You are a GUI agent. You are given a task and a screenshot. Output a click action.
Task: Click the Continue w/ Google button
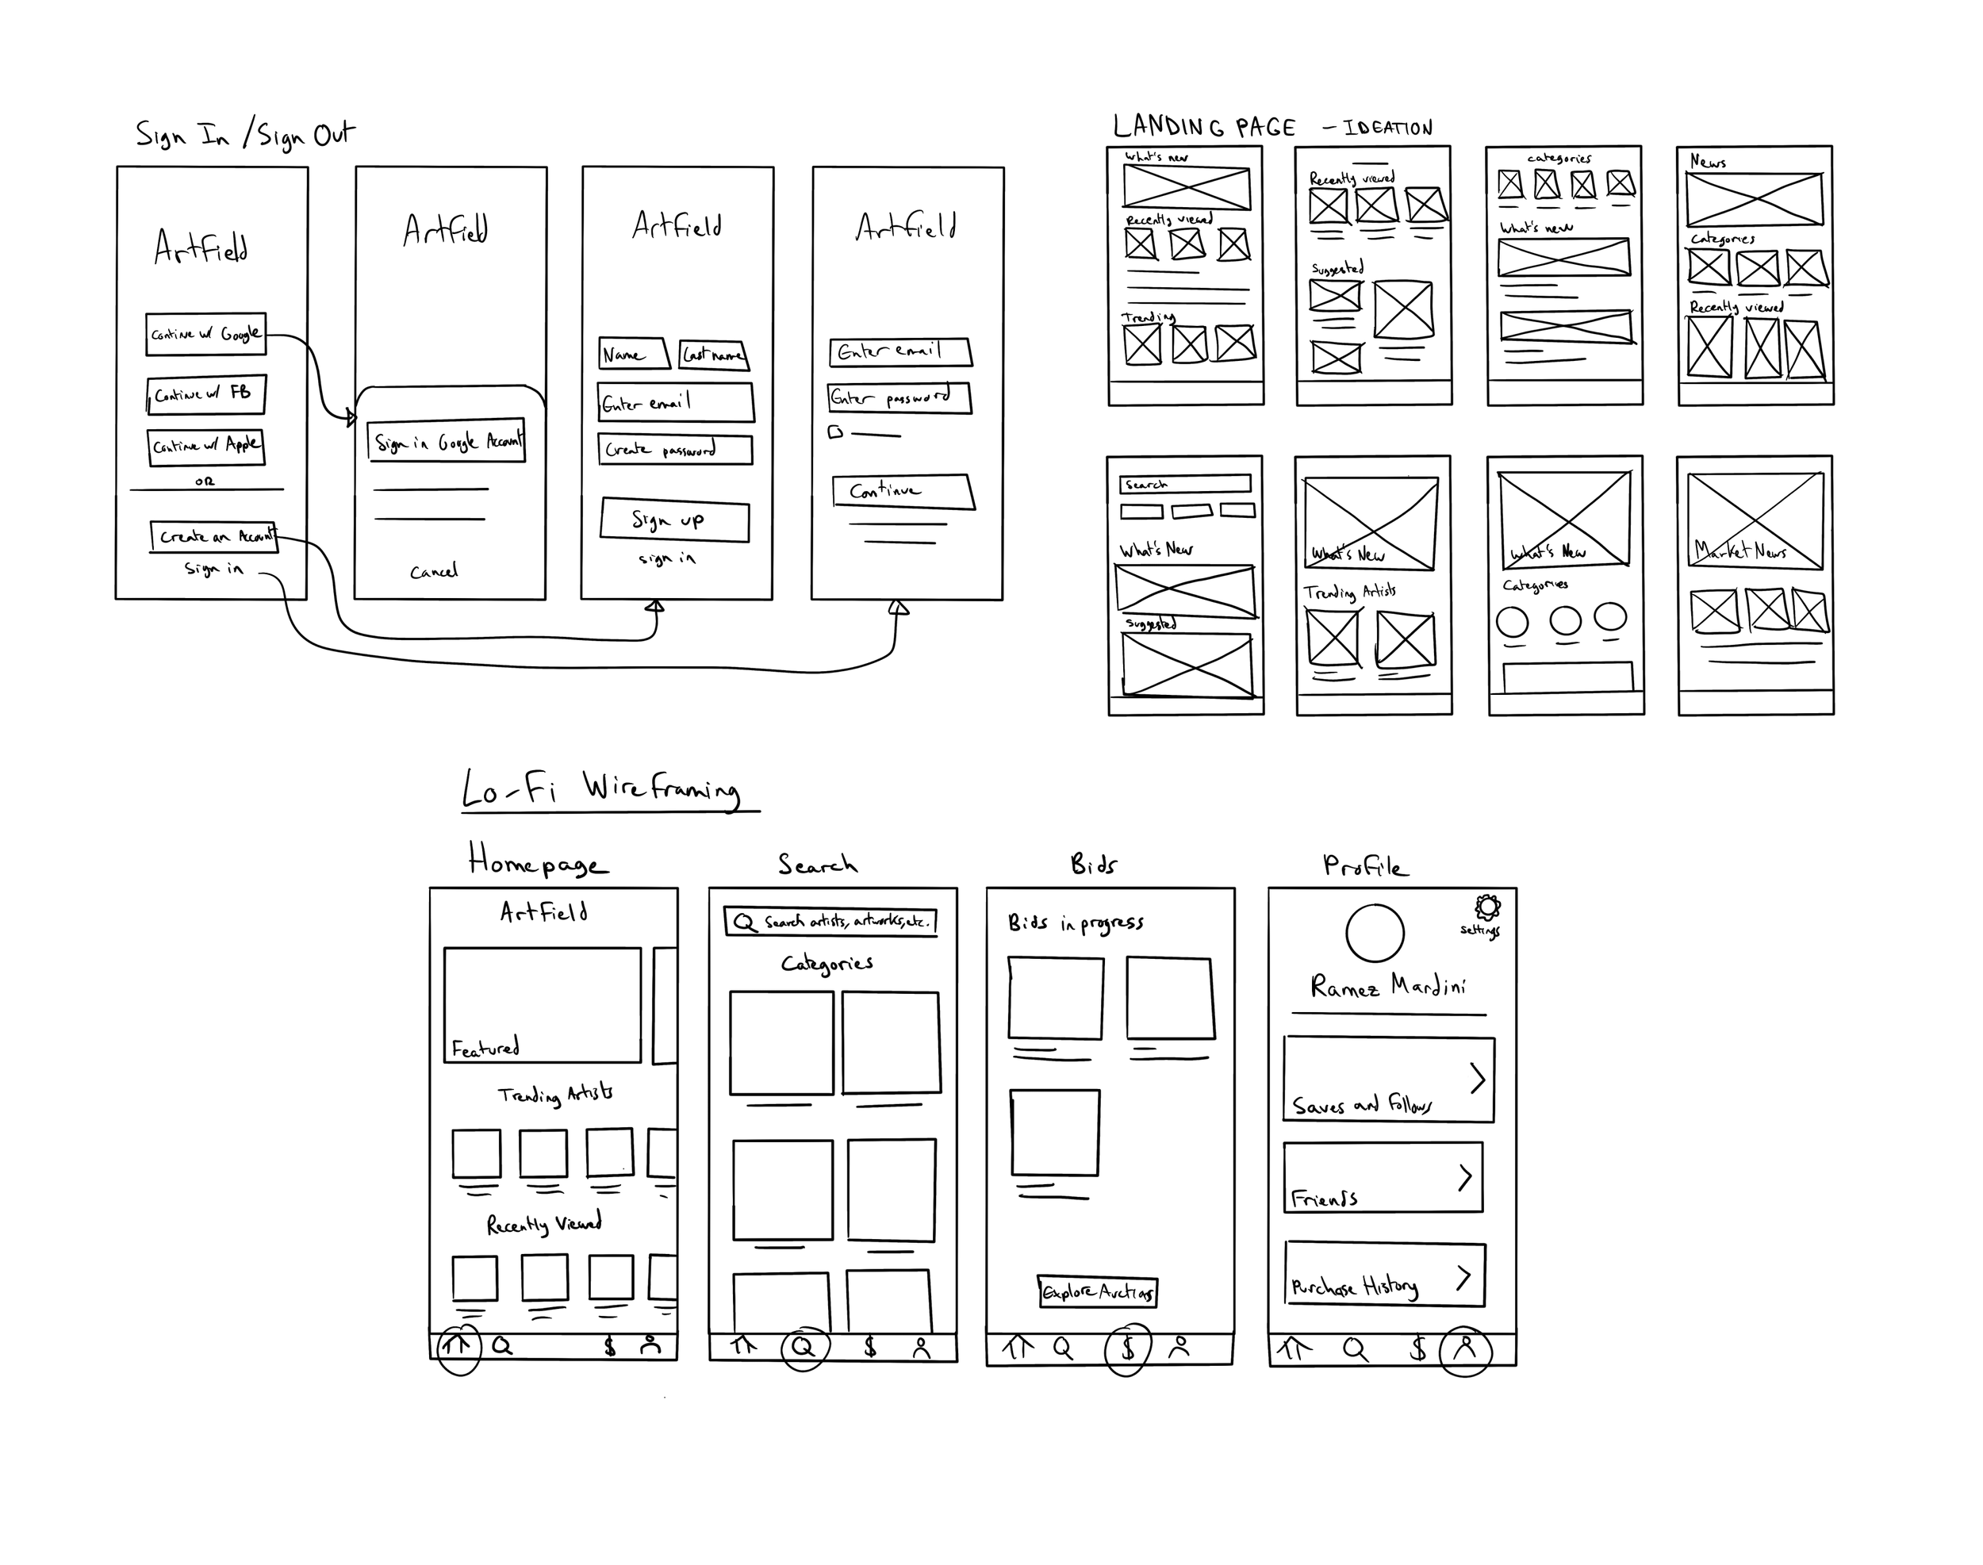(x=205, y=335)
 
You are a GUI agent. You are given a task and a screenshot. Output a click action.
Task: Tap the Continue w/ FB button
(x=206, y=394)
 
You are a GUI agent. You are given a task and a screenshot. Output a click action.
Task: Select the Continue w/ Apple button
(x=206, y=447)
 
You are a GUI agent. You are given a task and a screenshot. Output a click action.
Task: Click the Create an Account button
(x=213, y=536)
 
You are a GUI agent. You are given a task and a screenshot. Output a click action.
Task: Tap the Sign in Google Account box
(x=447, y=442)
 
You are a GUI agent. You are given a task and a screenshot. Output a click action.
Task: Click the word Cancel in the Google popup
(x=433, y=572)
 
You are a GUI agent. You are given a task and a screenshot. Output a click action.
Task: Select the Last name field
(x=714, y=355)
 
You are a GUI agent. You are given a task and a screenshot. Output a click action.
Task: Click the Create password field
(x=675, y=450)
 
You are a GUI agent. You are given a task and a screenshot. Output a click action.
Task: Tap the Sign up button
(x=674, y=521)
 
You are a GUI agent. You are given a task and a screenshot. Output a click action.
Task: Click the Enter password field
(x=899, y=397)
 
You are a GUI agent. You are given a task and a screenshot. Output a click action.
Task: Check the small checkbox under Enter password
(x=834, y=432)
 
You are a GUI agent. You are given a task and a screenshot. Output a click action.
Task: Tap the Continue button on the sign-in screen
(x=903, y=491)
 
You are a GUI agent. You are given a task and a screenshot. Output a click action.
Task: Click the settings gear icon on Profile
(x=1487, y=908)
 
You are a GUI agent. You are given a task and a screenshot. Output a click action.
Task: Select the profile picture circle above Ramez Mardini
(x=1375, y=933)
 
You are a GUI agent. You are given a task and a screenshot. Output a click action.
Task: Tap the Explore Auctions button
(x=1098, y=1292)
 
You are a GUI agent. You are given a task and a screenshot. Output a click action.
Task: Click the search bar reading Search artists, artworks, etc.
(x=830, y=921)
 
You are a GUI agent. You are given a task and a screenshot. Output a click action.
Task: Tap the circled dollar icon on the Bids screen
(x=1128, y=1348)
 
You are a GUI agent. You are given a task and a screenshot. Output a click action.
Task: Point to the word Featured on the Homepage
(x=485, y=1047)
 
